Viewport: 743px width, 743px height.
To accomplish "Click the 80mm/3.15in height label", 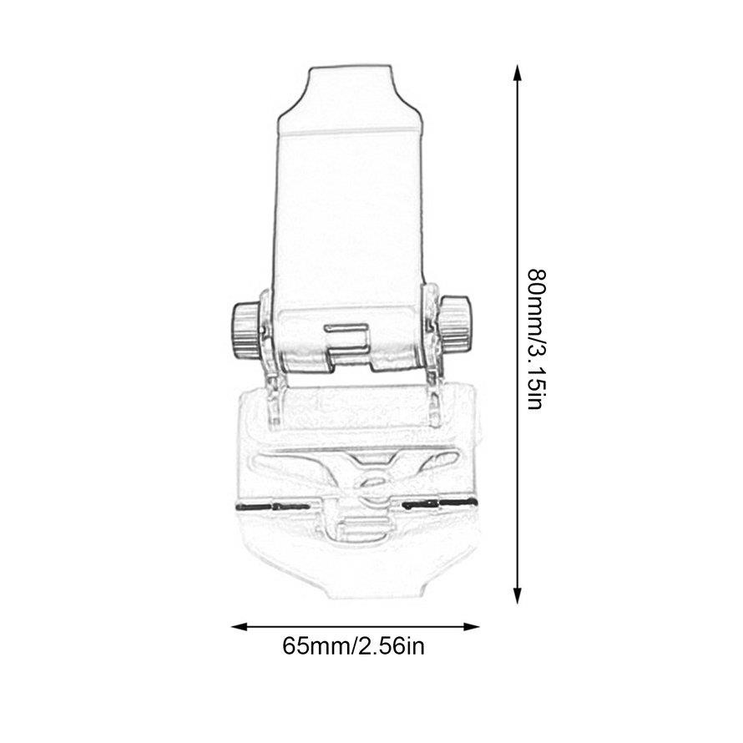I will click(x=535, y=338).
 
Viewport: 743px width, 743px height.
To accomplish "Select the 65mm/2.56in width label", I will click(x=355, y=647).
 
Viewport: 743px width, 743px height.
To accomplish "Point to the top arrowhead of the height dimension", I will click(x=518, y=73).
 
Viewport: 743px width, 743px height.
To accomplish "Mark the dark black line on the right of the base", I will click(x=438, y=503).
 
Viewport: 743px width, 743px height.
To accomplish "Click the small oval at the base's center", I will click(x=370, y=483).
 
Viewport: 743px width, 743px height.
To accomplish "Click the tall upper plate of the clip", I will click(x=349, y=217).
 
